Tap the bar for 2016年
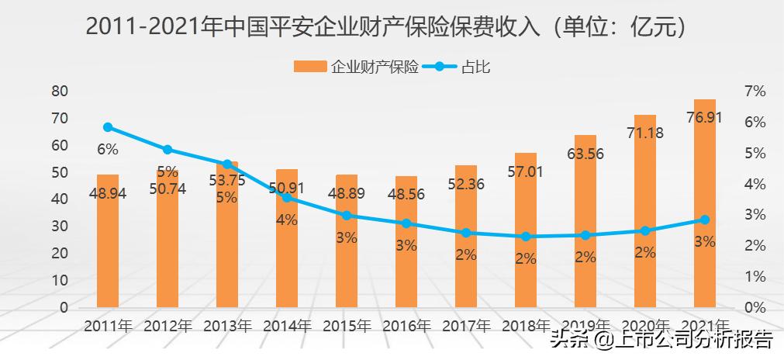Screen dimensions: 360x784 click(406, 256)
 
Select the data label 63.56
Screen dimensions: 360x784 click(585, 153)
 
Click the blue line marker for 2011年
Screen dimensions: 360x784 click(108, 127)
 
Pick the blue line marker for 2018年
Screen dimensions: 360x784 click(526, 237)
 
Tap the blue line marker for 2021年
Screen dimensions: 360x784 click(704, 220)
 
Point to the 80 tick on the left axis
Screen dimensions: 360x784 click(60, 92)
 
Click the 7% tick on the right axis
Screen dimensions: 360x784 click(755, 92)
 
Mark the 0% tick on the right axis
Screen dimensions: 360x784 click(755, 307)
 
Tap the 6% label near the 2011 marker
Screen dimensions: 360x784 click(108, 149)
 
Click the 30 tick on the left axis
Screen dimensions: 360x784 click(60, 227)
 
